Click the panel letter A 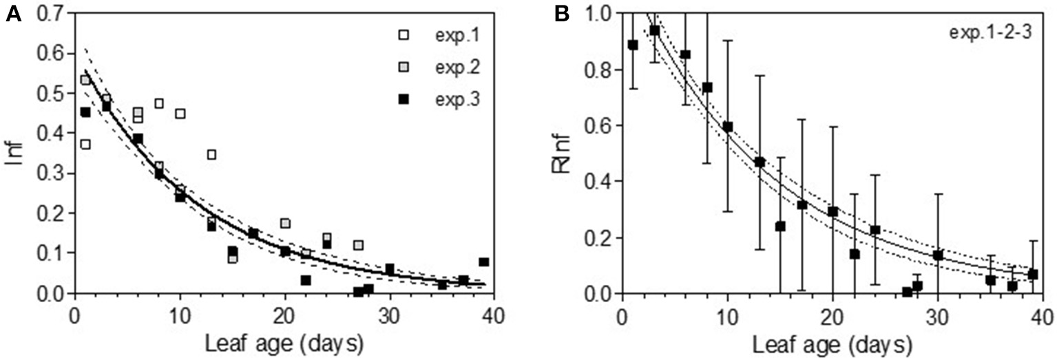pyautogui.click(x=13, y=15)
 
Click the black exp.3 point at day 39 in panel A pyautogui.click(x=483, y=262)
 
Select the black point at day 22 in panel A pyautogui.click(x=306, y=280)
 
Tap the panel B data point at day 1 pyautogui.click(x=633, y=45)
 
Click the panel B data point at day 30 pyautogui.click(x=937, y=255)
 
